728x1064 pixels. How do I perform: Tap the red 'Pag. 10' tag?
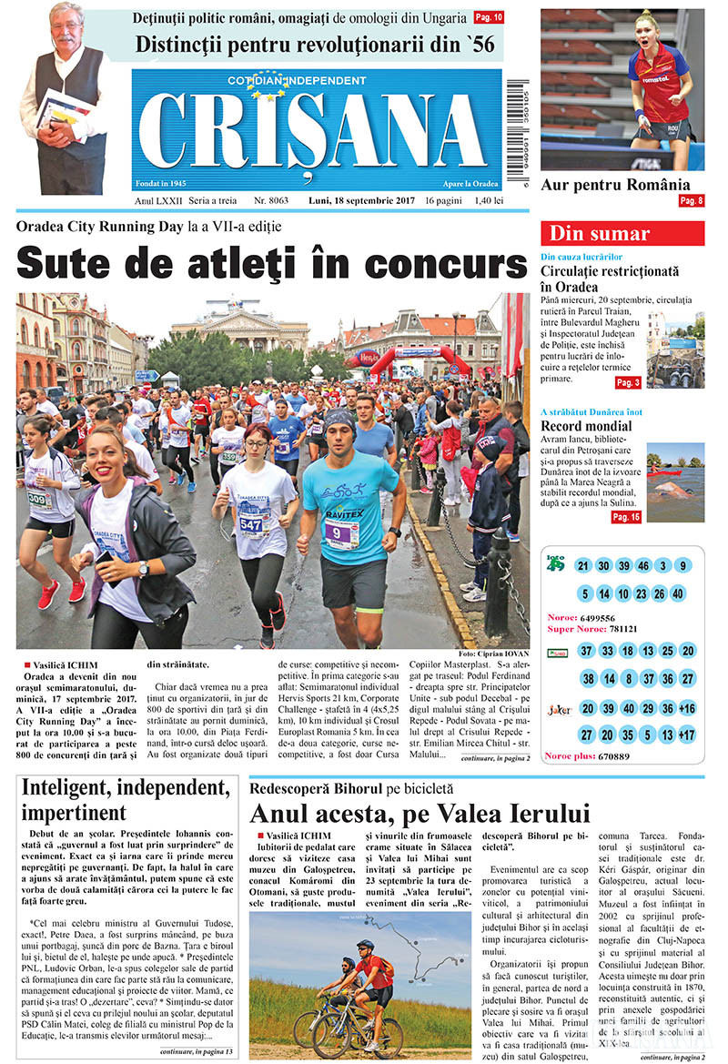[x=489, y=17]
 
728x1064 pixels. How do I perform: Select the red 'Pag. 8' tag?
[x=691, y=200]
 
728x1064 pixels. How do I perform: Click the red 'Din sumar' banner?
[x=622, y=233]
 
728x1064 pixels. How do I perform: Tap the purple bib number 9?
[x=339, y=531]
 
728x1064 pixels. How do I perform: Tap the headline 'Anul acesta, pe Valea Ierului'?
[x=420, y=812]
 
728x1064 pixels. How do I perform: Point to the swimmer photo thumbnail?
[x=675, y=482]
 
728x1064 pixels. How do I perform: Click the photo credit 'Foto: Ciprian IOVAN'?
[x=493, y=654]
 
